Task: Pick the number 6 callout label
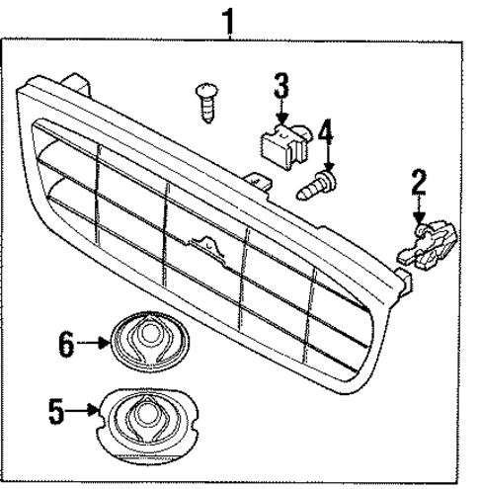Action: click(66, 345)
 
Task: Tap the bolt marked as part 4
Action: click(318, 184)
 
